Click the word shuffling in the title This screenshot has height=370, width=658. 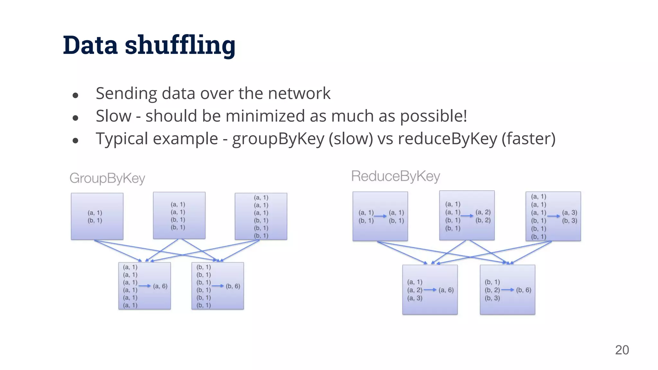click(180, 45)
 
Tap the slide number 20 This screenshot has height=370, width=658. click(622, 350)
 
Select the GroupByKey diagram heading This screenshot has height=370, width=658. click(107, 178)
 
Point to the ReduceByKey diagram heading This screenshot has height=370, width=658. click(396, 176)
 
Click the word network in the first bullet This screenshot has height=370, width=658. click(299, 93)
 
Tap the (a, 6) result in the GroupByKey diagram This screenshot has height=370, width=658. click(160, 286)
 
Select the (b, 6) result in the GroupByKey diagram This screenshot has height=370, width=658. click(233, 286)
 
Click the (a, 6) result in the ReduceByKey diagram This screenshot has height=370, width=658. click(446, 290)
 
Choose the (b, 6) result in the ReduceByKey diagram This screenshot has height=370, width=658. click(524, 290)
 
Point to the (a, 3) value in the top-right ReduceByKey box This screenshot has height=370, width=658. click(570, 213)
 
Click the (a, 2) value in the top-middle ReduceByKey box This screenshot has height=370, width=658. click(483, 212)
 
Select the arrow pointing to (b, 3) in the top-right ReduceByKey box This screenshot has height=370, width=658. click(554, 216)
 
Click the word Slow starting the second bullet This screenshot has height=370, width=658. click(113, 116)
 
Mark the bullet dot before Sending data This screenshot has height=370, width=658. click(76, 95)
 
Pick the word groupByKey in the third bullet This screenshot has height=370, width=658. click(278, 139)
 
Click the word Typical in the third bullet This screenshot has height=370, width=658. click(125, 139)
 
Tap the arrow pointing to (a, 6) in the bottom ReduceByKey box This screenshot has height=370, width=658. click(430, 290)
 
